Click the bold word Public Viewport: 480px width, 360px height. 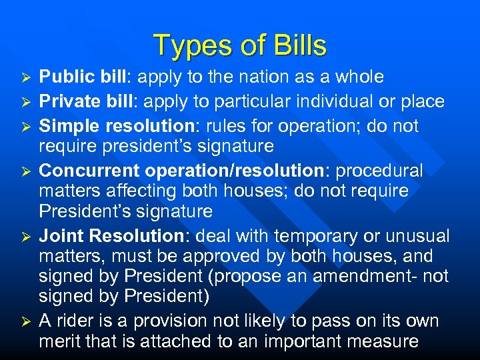coord(65,77)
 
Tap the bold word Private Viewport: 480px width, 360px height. coord(67,102)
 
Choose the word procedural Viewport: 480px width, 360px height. coord(379,171)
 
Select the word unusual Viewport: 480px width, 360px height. coord(418,237)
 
